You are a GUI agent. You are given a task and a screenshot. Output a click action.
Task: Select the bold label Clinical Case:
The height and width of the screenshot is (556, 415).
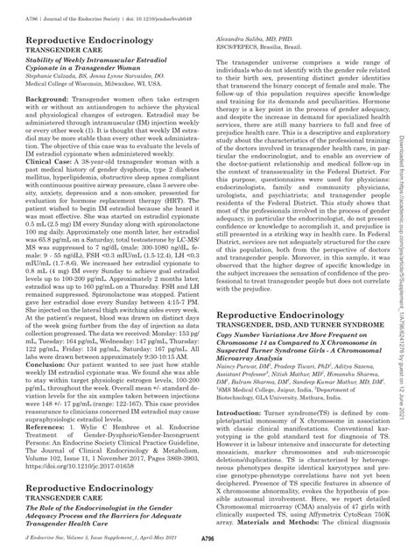click(x=52, y=210)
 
